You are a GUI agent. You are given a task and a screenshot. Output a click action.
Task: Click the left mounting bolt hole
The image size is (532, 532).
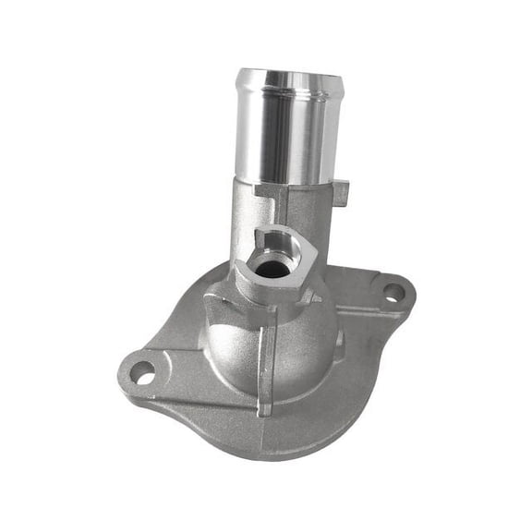142,372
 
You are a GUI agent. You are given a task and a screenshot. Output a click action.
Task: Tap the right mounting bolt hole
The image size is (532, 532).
393,293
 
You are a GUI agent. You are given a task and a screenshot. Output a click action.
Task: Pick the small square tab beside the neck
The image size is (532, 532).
340,193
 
